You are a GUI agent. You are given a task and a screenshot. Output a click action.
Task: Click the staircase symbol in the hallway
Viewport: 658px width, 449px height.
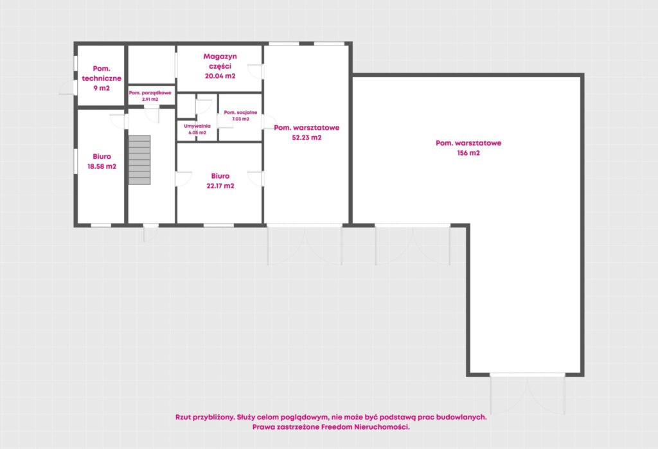pyautogui.click(x=139, y=160)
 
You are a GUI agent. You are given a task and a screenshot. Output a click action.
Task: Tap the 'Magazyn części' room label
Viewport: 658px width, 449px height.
pyautogui.click(x=220, y=61)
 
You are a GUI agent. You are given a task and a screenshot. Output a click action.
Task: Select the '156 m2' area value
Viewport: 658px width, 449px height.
pyautogui.click(x=468, y=153)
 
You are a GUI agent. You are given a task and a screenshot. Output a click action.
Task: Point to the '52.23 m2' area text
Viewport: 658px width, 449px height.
pyautogui.click(x=307, y=137)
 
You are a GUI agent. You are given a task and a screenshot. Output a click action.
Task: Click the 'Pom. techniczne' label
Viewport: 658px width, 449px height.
pyautogui.click(x=102, y=73)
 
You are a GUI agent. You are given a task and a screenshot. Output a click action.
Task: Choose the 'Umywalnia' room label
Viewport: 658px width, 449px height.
pyautogui.click(x=197, y=126)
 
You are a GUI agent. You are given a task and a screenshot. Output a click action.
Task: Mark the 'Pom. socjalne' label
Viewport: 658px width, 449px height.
pyautogui.click(x=240, y=112)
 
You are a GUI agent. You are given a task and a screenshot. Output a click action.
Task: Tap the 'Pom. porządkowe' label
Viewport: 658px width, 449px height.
pyautogui.click(x=150, y=92)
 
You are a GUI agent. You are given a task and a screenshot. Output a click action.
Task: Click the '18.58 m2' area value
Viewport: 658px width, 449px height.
pyautogui.click(x=102, y=166)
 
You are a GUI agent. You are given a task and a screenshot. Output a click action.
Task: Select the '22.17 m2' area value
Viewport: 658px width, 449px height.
pyautogui.click(x=220, y=186)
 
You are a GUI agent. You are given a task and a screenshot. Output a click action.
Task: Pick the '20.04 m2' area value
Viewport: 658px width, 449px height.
pyautogui.click(x=220, y=76)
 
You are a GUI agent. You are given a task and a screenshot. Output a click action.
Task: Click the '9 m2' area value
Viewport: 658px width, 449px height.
pyautogui.click(x=102, y=88)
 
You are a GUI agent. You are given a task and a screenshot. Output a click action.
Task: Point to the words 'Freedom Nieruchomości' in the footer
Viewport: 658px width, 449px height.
pyautogui.click(x=365, y=427)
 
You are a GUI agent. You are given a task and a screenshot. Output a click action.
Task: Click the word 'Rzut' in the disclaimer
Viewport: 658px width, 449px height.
pyautogui.click(x=184, y=417)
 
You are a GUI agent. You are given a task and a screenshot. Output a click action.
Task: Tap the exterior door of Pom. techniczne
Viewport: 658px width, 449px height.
pyautogui.click(x=68, y=87)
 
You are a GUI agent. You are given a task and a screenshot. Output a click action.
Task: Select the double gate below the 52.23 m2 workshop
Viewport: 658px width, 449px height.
pyautogui.click(x=305, y=245)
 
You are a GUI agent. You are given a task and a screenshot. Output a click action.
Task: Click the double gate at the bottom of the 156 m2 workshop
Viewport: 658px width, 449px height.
pyautogui.click(x=528, y=394)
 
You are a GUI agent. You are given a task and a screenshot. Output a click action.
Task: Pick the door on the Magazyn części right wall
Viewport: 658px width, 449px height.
pyautogui.click(x=255, y=71)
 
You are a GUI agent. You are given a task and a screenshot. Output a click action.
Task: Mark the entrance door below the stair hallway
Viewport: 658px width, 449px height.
pyautogui.click(x=150, y=233)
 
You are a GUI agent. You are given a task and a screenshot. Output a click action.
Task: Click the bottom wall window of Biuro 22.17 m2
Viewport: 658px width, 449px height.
pyautogui.click(x=218, y=225)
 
